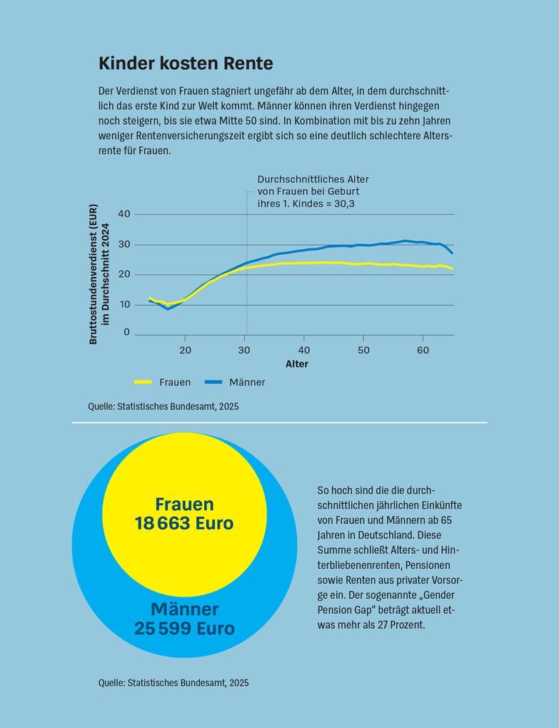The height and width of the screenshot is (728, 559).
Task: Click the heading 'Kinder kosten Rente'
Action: click(x=186, y=64)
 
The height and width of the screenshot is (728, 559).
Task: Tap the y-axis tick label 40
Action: click(x=124, y=214)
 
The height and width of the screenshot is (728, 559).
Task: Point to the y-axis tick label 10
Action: click(x=124, y=305)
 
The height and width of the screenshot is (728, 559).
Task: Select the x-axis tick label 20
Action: click(x=186, y=350)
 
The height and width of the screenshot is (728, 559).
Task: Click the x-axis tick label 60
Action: click(x=423, y=350)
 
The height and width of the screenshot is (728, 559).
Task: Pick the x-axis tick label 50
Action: click(x=363, y=350)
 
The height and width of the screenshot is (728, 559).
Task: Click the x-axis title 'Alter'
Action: click(x=297, y=364)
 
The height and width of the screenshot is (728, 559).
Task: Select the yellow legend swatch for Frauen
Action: click(x=143, y=382)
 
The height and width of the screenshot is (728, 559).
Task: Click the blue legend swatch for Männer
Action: click(x=214, y=382)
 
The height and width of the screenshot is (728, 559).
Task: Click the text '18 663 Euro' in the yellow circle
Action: click(x=184, y=523)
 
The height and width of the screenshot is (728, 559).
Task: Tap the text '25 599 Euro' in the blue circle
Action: click(x=184, y=629)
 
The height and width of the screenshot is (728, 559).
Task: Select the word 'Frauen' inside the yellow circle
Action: click(x=184, y=504)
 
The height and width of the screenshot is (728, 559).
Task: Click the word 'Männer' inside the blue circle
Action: click(x=184, y=610)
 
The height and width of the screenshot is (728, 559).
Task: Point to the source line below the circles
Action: click(x=173, y=683)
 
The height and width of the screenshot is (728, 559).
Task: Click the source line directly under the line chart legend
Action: click(x=163, y=406)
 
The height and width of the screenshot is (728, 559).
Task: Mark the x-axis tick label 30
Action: click(x=245, y=350)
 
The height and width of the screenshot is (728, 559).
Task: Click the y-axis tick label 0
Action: click(x=127, y=332)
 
